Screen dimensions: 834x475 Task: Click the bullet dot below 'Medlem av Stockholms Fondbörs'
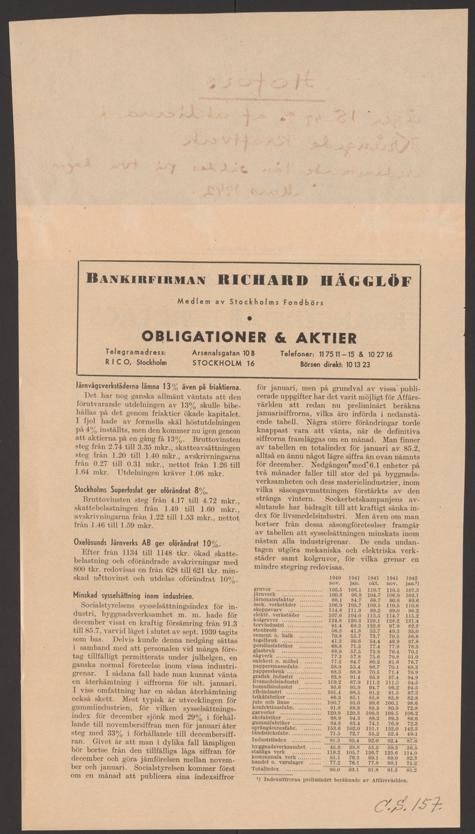[249, 318]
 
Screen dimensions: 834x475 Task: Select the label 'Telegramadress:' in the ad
[136, 353]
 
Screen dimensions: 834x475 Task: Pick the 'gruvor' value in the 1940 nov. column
[335, 589]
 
